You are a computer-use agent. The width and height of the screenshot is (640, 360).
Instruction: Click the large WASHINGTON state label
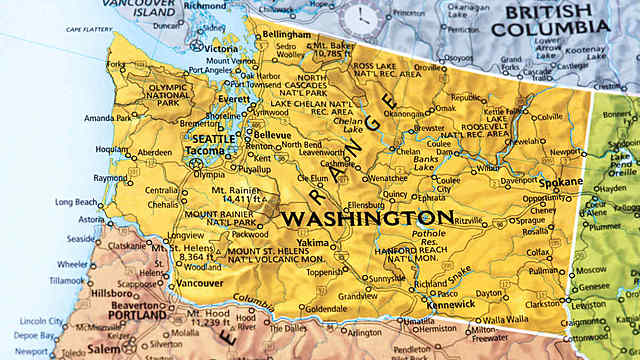367,218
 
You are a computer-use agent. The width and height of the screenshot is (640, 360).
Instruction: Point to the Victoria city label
220,48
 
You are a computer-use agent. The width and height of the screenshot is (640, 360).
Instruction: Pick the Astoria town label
91,218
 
